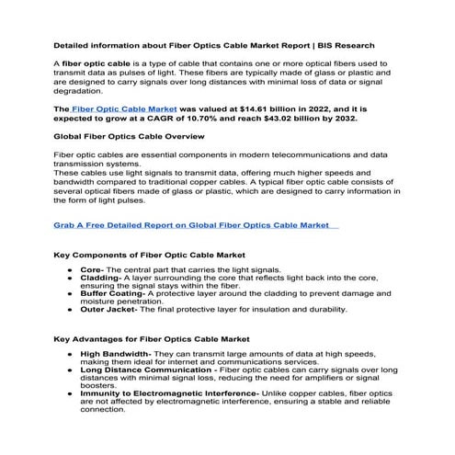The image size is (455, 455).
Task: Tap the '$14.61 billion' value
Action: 262,108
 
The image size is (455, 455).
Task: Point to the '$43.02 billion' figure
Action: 296,119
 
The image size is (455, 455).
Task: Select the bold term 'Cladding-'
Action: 102,281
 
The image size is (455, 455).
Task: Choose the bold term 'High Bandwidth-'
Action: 117,353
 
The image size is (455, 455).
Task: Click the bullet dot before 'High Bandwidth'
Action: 71,353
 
